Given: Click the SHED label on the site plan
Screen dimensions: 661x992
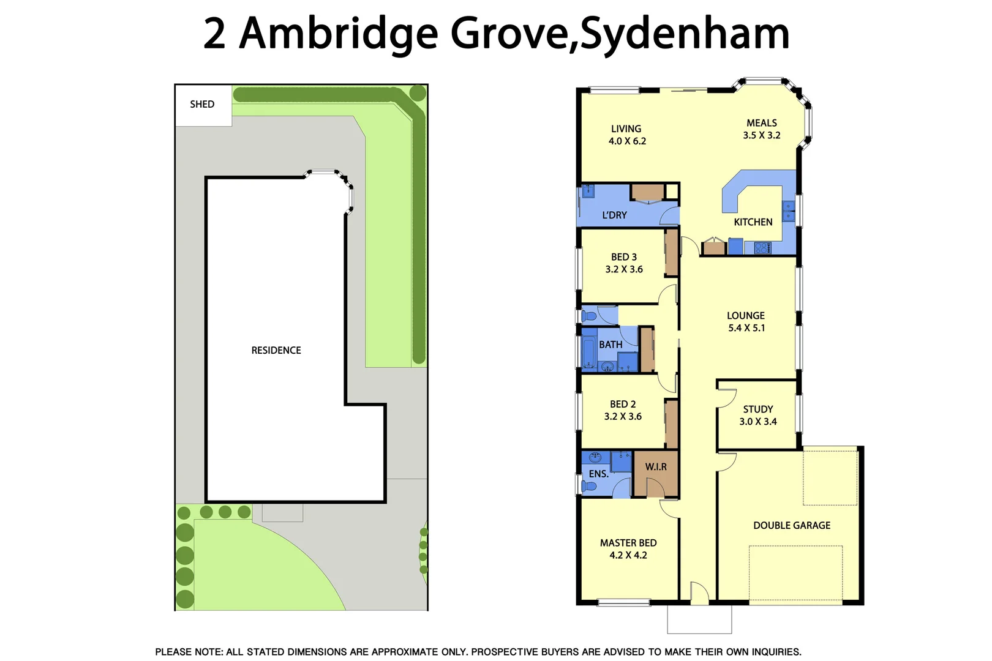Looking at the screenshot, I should (x=202, y=104).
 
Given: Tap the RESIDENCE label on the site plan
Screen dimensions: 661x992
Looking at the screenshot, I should (x=276, y=350).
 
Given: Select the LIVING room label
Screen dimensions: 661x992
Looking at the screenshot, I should (x=626, y=129).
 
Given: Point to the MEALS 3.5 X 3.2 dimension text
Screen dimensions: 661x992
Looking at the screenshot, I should (x=762, y=135).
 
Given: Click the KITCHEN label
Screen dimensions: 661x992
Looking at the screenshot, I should (x=753, y=222).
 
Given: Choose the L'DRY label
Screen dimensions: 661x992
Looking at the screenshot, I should (x=614, y=215).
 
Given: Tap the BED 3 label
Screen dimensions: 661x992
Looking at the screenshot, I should (x=624, y=257).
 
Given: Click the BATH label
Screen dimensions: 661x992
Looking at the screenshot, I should (x=611, y=345).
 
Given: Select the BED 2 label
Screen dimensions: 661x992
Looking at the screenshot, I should (x=623, y=404).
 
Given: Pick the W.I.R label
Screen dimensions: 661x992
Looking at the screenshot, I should (x=656, y=466).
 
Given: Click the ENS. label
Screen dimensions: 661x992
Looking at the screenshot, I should (x=598, y=474).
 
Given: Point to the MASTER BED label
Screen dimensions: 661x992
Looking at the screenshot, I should (x=628, y=543).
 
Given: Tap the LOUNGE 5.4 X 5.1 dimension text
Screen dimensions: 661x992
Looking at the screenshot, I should (x=746, y=328).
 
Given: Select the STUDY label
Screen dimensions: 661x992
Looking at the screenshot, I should (x=758, y=409).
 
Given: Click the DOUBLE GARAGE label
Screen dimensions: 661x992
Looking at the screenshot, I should (x=792, y=525).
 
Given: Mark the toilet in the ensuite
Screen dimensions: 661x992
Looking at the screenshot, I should (x=589, y=487).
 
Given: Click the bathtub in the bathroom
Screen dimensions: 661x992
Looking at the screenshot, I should (x=589, y=352).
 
